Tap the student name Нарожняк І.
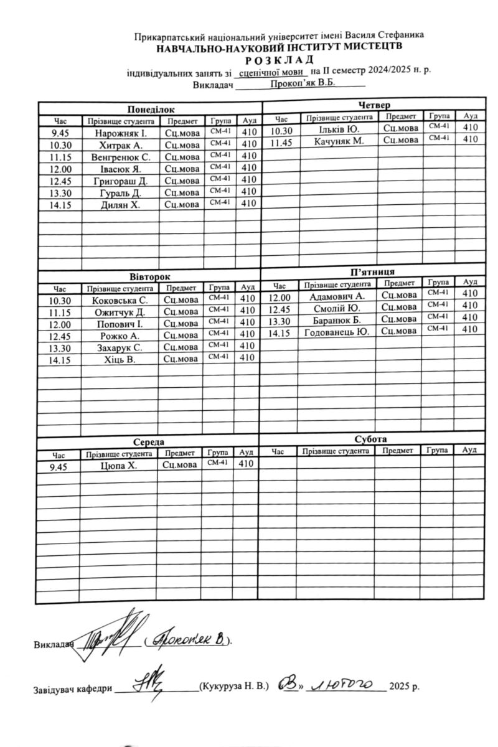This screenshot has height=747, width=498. coord(121,133)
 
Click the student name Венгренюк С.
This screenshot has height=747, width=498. coord(121,157)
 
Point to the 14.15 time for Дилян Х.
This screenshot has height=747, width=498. coord(61,204)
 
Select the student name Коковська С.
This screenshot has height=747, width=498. coord(120,301)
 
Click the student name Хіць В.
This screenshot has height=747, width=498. coord(120,359)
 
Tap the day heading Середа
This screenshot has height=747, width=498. coord(148,441)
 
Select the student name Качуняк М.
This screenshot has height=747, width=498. coord(339,141)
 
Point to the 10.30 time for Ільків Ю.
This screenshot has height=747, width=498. coord(281,131)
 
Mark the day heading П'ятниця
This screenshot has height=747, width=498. coord(372,272)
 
